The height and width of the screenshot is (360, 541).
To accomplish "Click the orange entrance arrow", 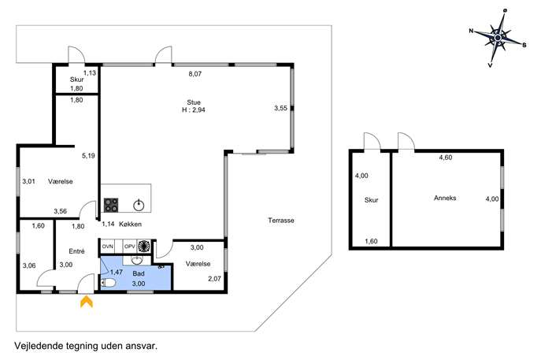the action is (x=87, y=302).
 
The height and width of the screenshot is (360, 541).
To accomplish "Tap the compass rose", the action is (x=498, y=37).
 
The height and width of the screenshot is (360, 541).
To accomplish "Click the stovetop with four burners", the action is (x=111, y=205).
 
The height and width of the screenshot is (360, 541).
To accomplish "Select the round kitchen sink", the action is (x=139, y=206).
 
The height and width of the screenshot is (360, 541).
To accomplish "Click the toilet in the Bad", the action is (x=108, y=284).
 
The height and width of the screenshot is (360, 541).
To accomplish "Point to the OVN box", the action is (x=107, y=247).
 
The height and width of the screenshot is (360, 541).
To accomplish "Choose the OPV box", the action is (x=129, y=247).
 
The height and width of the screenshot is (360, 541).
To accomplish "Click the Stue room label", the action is (x=194, y=102).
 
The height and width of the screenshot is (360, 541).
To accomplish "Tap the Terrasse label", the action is (x=281, y=221).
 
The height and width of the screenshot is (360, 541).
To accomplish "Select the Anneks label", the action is (x=445, y=198).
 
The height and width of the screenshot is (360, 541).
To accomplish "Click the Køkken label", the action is (x=130, y=224).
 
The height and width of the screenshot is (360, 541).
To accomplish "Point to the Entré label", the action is (x=76, y=251).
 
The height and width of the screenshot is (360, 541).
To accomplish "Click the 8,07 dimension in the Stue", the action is (x=195, y=74).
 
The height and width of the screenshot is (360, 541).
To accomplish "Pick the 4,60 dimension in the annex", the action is (x=446, y=158).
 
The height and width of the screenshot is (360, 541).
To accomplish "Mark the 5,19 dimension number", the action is (x=88, y=156).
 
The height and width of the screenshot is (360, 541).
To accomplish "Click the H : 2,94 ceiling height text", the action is (x=194, y=110).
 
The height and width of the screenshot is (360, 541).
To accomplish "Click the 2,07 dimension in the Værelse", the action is (x=215, y=279).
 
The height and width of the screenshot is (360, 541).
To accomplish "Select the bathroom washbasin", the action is (x=137, y=260).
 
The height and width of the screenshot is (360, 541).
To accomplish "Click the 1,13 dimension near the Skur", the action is (x=90, y=72).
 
